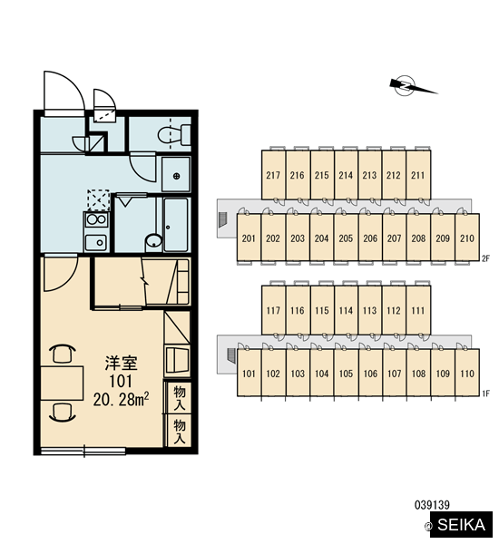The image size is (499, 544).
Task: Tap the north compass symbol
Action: pyautogui.click(x=411, y=86)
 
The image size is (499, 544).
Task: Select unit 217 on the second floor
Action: pyautogui.click(x=273, y=175)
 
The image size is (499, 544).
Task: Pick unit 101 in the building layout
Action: pyautogui.click(x=249, y=373)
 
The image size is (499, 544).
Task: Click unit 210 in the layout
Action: pyautogui.click(x=467, y=238)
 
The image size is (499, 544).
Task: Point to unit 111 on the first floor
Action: pyautogui.click(x=418, y=310)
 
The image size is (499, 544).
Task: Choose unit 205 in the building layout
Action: pyautogui.click(x=346, y=238)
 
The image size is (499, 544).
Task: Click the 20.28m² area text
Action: pyautogui.click(x=121, y=400)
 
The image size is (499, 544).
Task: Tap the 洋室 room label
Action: pyautogui.click(x=122, y=363)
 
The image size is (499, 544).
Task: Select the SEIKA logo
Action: pyautogui.click(x=461, y=524)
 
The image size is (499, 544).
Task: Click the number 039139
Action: pyautogui.click(x=432, y=505)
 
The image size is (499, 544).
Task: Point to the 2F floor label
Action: pyautogui.click(x=485, y=258)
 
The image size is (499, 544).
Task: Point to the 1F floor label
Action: pyautogui.click(x=485, y=393)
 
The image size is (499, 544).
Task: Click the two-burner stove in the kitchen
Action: pyautogui.click(x=96, y=219)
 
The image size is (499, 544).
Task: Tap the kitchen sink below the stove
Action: pyautogui.click(x=96, y=242)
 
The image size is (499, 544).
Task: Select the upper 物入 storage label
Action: pyautogui.click(x=180, y=398)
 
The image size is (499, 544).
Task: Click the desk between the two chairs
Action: pyautogui.click(x=63, y=383)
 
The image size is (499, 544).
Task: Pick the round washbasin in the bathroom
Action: pyautogui.click(x=153, y=241)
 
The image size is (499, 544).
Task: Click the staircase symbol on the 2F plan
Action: pyautogui.click(x=223, y=219)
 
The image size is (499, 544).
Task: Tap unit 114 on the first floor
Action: pyautogui.click(x=346, y=310)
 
